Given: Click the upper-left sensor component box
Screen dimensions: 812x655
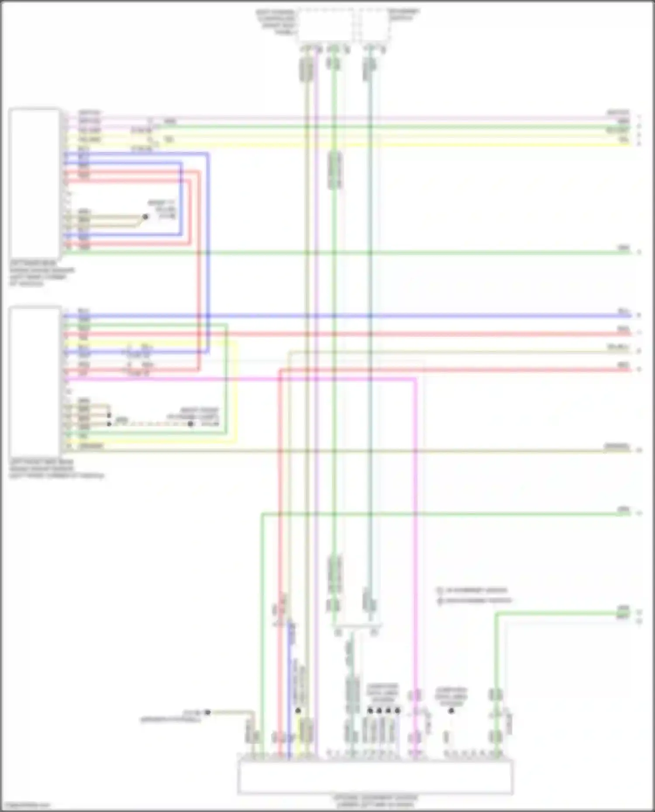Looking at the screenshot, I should click(x=34, y=183).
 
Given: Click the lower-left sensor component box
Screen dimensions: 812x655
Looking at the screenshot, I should click(x=34, y=382).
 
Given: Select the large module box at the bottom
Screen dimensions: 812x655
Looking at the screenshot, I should click(x=375, y=777).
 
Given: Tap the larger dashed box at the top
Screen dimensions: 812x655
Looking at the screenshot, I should click(x=325, y=25).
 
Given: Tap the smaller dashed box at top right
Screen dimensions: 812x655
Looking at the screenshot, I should click(x=375, y=25).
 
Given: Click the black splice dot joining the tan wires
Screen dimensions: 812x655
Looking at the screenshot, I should click(x=145, y=217).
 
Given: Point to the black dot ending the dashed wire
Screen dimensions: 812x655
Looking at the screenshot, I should click(x=191, y=424).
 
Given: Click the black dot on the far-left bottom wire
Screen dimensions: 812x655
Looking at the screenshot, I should click(x=208, y=712).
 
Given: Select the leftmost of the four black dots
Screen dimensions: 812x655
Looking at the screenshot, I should click(x=370, y=710).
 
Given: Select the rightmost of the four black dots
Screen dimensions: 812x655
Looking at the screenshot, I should click(x=397, y=710).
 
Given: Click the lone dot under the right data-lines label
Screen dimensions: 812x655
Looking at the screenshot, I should click(x=451, y=710).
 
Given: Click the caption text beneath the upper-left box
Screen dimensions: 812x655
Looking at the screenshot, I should click(x=41, y=274).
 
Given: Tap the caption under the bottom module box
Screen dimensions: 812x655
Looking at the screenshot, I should click(x=375, y=801).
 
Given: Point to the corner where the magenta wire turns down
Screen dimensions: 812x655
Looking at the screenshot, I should click(x=415, y=380).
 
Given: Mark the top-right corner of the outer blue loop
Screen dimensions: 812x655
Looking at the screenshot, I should click(x=208, y=154).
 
